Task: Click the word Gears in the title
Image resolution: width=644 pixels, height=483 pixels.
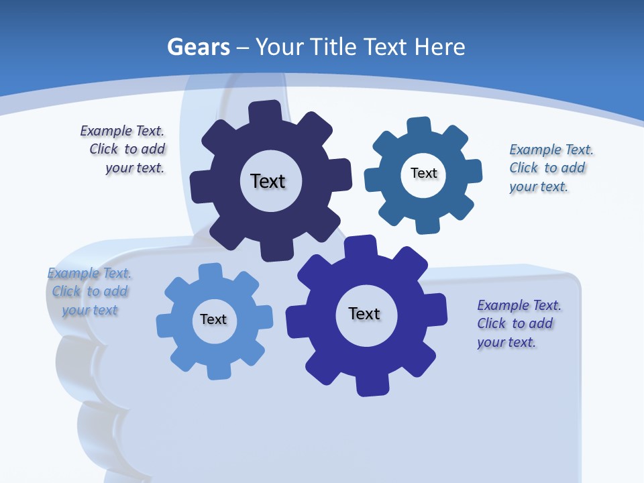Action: click(x=198, y=48)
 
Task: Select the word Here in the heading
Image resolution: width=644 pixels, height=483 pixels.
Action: click(x=439, y=48)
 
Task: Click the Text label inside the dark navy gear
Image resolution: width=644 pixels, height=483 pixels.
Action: click(x=268, y=181)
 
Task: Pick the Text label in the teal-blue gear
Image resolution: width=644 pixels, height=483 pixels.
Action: click(x=423, y=173)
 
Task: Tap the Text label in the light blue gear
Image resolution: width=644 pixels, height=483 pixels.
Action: click(x=213, y=319)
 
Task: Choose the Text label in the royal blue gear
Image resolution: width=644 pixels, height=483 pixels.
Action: click(x=364, y=313)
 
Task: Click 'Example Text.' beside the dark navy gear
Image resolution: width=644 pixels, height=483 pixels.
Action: click(x=122, y=131)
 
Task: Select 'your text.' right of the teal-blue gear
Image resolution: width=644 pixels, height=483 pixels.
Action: click(x=538, y=186)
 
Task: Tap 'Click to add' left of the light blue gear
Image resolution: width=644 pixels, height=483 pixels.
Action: click(x=90, y=291)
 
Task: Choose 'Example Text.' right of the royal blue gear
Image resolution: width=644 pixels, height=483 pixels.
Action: click(x=519, y=305)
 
